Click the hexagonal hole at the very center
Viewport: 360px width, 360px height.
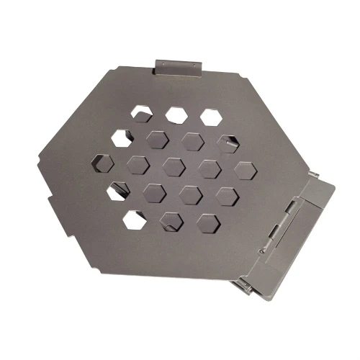(174, 166)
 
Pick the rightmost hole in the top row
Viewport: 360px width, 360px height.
(210, 115)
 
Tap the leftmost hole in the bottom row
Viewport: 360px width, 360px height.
(132, 217)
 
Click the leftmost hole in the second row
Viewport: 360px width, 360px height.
(123, 135)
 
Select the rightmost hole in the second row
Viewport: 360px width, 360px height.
(228, 142)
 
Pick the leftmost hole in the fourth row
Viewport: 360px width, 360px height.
(116, 191)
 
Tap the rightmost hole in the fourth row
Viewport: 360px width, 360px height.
(226, 195)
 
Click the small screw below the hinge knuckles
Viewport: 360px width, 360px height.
(264, 249)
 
